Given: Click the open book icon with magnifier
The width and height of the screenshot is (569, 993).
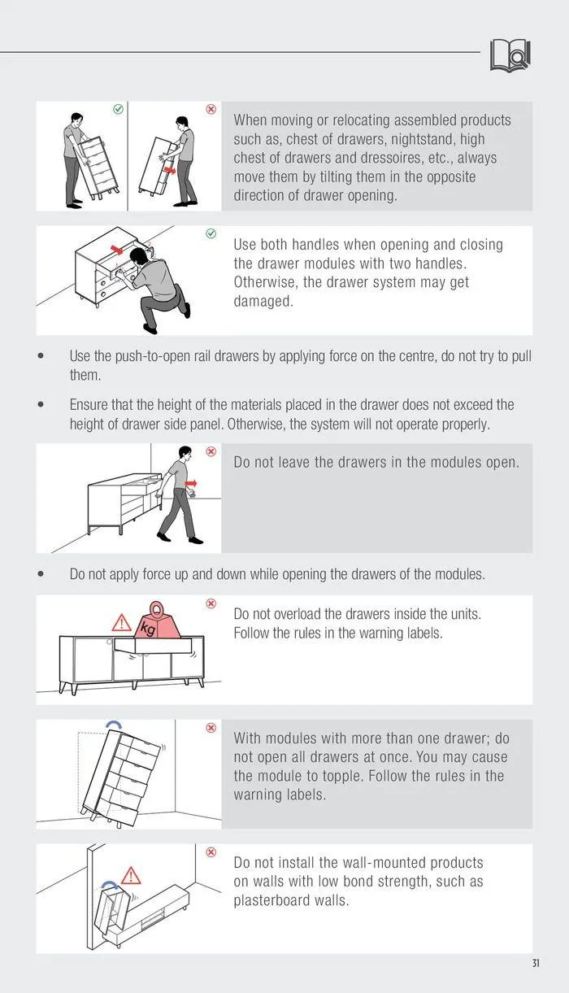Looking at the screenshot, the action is point(510,55).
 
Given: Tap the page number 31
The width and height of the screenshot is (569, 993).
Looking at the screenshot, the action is point(536,963).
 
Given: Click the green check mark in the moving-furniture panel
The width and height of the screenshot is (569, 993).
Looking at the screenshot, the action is point(119,109).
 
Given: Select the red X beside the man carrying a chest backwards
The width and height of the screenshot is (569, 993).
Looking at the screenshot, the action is point(211,109).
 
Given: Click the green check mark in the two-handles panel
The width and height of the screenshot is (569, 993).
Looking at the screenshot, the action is point(211,233).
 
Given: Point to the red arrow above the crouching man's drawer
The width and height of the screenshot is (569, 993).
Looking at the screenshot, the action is point(117,250).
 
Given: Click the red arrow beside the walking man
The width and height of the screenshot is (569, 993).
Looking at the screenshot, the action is point(191,483).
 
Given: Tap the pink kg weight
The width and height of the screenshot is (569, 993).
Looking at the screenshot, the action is point(159,621).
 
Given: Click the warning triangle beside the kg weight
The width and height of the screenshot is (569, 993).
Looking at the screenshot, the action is point(121,623).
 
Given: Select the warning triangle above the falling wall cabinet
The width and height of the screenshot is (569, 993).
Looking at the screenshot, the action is point(131,876).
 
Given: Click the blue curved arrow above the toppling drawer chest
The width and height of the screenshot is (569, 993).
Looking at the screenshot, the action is point(113,725).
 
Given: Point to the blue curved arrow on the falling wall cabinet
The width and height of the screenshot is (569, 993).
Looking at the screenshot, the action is point(111,885).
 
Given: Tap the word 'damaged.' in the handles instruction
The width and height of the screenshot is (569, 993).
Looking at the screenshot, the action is point(263,301).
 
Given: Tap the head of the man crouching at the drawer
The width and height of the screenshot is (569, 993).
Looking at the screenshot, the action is point(139,256).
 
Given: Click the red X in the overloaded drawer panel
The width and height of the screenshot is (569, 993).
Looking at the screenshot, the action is point(211,603).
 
